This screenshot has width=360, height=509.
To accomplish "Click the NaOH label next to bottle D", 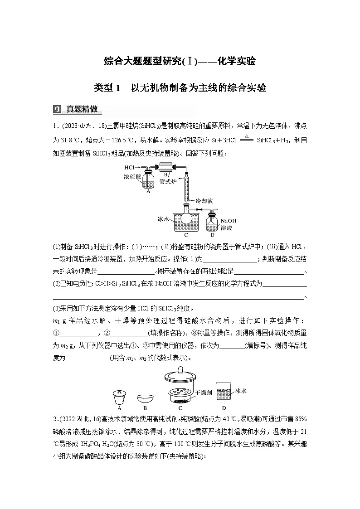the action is coord(229,221).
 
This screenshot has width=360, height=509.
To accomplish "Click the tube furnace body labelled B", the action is coord(166,167).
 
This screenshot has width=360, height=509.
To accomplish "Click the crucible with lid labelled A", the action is coord(119,398).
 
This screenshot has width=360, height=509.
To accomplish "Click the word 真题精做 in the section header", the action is coord(82,109).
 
